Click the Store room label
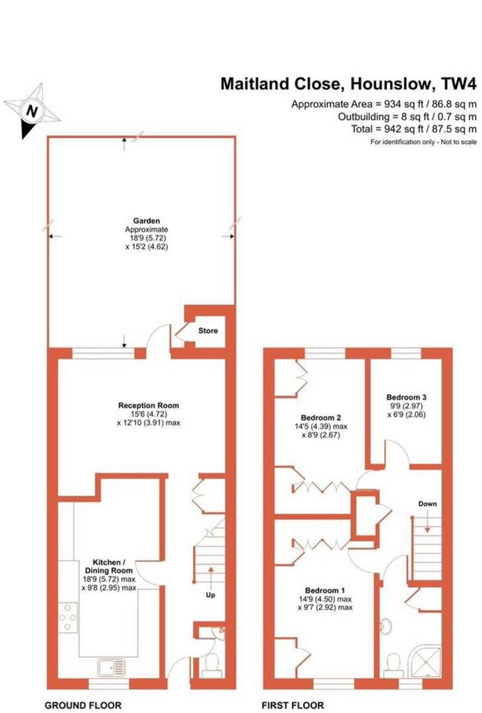208,331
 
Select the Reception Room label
148,405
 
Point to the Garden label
146,221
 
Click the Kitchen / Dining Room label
109,567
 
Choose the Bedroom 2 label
321,418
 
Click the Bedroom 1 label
325,590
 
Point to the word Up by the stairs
210,595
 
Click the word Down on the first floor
428,503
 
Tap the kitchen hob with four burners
68,618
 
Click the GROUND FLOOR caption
83,705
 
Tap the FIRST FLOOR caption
293,705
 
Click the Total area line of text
414,129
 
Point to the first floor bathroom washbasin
387,625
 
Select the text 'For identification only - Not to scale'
423,142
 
